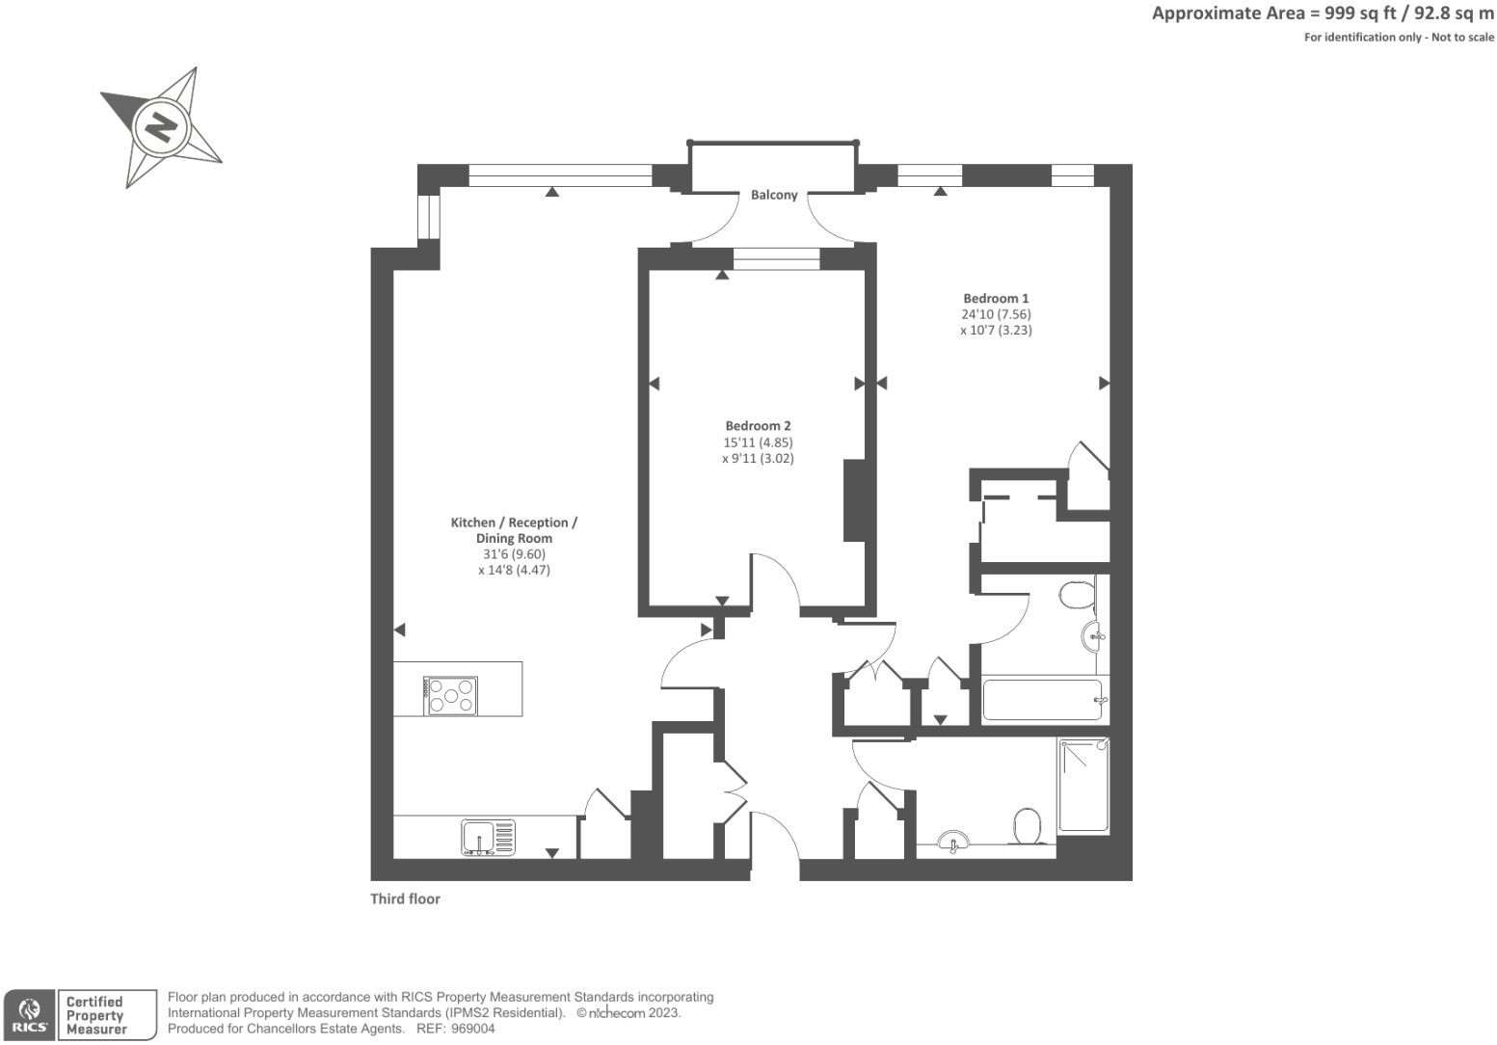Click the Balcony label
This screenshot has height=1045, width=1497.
tap(774, 195)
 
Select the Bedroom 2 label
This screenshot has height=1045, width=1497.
tap(758, 426)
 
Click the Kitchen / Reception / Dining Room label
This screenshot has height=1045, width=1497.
tap(514, 530)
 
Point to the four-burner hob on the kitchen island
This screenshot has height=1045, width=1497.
tap(451, 695)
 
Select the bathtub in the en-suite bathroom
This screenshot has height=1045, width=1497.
tap(1042, 700)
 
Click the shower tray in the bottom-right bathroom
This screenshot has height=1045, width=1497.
tap(1083, 785)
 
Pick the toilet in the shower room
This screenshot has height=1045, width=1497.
tap(1027, 826)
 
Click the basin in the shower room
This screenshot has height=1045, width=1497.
tap(953, 842)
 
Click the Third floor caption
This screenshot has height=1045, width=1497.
tap(405, 898)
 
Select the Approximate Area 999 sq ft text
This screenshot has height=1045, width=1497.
tap(1323, 13)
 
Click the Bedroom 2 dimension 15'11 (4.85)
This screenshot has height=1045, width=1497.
tap(758, 442)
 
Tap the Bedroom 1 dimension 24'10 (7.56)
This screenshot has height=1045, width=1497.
tap(996, 314)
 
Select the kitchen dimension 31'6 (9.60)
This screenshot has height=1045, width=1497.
tap(514, 554)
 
